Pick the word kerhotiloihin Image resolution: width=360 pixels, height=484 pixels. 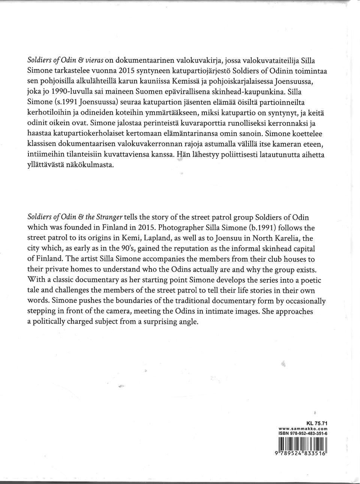pos(49,112)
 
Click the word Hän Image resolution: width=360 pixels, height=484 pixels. pos(183,154)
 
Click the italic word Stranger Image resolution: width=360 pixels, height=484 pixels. pos(109,217)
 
